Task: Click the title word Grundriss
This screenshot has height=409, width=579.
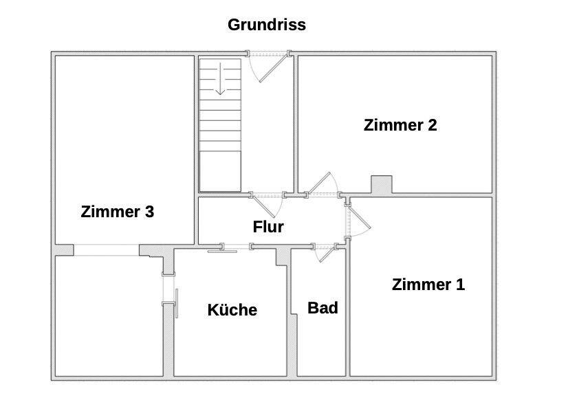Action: coord(267,25)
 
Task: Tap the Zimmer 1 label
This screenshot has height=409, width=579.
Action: coord(428,285)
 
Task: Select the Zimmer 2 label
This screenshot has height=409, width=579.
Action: coord(400,125)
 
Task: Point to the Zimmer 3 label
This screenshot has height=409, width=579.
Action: coord(117,212)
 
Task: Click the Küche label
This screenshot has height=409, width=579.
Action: coord(232,310)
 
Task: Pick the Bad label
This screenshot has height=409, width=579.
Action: coord(323,308)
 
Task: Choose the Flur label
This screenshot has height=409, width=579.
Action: coord(268,227)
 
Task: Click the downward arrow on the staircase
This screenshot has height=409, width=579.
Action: coord(220,79)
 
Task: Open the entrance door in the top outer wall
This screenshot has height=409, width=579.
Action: coord(268,65)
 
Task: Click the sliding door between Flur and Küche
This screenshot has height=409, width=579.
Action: coord(223,250)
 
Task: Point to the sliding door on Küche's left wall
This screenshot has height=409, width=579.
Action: coord(177,302)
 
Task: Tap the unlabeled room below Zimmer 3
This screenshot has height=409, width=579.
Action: coord(109,316)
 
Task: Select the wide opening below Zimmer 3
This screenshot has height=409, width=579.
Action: coord(107,250)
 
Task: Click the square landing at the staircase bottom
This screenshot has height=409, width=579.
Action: coord(220,171)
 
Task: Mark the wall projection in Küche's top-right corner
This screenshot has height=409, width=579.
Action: coord(281,256)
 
